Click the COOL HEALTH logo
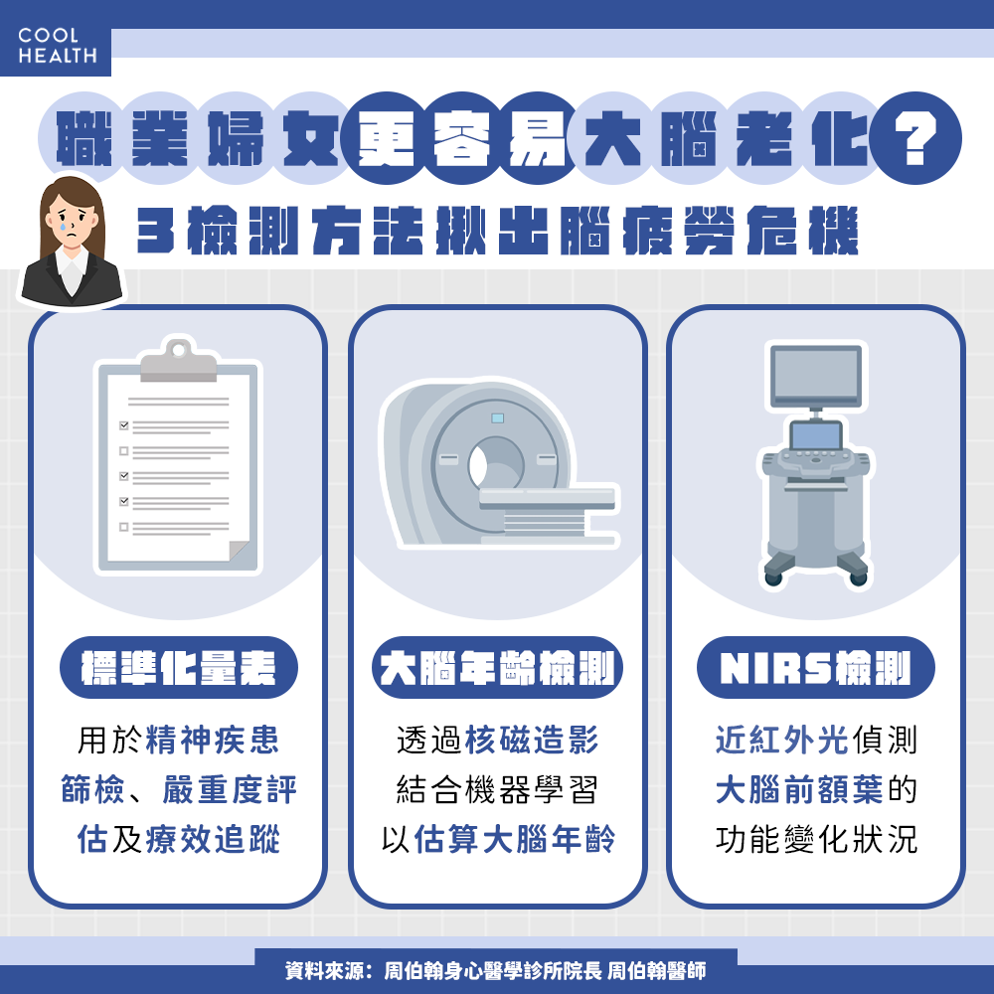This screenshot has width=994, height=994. coord(57,46)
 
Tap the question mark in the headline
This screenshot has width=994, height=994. coord(914,138)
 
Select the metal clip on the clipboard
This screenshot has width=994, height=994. coord(178,362)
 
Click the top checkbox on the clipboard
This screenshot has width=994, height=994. coord(124,425)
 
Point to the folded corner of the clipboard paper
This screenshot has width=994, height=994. coord(239,551)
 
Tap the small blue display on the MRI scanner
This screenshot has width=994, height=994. coord(498,418)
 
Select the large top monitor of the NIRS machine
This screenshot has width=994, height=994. coord(816,376)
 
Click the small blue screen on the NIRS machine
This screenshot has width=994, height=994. coord(816,436)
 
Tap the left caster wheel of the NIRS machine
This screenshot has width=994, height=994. coord(773,579)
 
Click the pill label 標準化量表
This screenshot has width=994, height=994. coord(179,668)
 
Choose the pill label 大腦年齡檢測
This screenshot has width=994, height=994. coord(498,668)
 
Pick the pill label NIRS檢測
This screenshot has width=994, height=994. coord(816,668)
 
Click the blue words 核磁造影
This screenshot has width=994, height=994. coord(532,740)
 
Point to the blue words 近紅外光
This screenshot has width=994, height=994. coord(782,740)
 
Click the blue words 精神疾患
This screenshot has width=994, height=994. coord(213,740)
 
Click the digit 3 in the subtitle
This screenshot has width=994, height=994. coord(155,232)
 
